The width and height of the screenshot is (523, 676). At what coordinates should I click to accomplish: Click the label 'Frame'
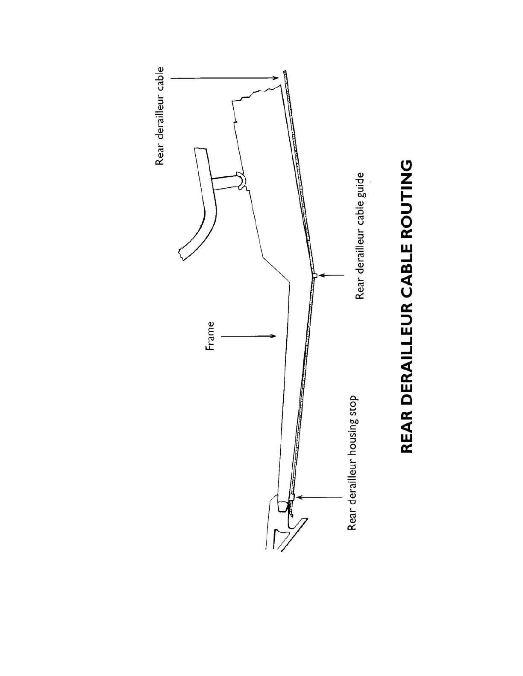[210, 336]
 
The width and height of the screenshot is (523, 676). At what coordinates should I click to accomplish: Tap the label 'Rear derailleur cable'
[160, 116]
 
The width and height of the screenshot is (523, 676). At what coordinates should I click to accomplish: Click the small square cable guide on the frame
[315, 276]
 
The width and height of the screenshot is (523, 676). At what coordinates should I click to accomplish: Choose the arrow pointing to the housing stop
[318, 497]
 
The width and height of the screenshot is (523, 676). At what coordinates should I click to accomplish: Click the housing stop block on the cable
[292, 497]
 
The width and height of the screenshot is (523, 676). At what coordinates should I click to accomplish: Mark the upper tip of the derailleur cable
[285, 73]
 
